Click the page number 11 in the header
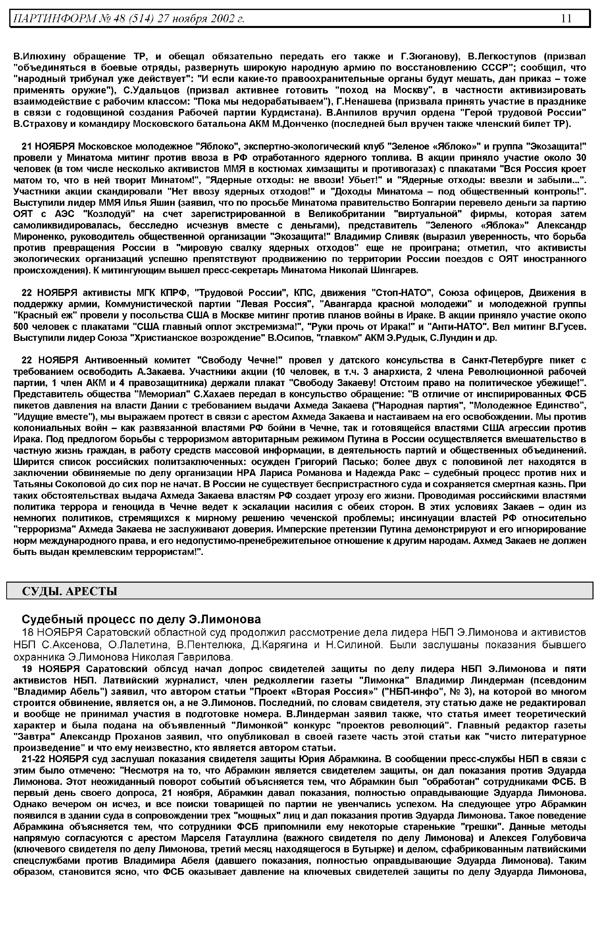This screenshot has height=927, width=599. coord(566,18)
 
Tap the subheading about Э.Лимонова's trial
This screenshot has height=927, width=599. coord(141,619)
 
